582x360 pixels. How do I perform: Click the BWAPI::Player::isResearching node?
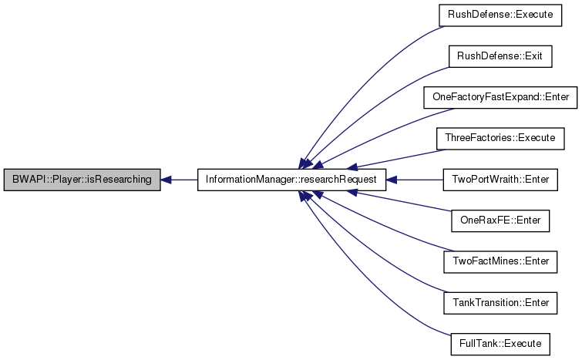pyautogui.click(x=82, y=180)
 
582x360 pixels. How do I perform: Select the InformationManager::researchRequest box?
pyautogui.click(x=291, y=180)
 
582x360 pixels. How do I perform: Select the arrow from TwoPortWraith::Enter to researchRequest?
pyautogui.click(x=416, y=180)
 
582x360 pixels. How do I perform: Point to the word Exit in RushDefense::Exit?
pyautogui.click(x=524, y=56)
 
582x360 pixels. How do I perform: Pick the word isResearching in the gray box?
pyautogui.click(x=123, y=180)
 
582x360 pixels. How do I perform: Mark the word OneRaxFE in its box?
pyautogui.click(x=480, y=220)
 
